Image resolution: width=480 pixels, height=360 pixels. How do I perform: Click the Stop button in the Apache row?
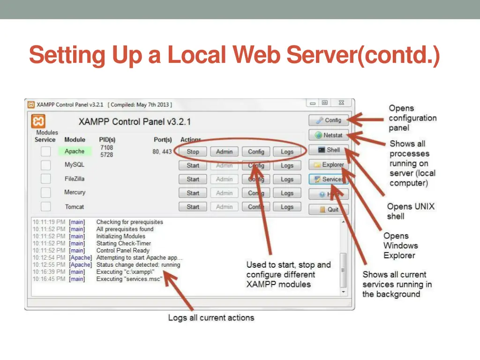click(x=193, y=152)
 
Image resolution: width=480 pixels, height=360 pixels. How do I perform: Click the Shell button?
click(x=329, y=150)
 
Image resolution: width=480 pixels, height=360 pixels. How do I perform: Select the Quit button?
click(x=329, y=210)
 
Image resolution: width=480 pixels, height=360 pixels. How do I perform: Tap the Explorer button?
click(x=329, y=165)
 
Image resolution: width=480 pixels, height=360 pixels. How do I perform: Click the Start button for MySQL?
click(x=193, y=165)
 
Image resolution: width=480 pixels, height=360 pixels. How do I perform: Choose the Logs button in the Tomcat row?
click(x=287, y=207)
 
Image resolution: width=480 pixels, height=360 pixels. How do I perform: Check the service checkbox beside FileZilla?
click(x=45, y=179)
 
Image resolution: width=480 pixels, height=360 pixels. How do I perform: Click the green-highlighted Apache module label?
click(x=75, y=151)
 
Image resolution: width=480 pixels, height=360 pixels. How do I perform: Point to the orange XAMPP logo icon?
click(x=38, y=122)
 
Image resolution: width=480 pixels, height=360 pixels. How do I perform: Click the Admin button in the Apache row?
click(x=224, y=152)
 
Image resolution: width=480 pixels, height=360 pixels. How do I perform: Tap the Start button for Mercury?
click(x=193, y=193)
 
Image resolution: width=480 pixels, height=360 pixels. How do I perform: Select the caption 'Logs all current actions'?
click(x=211, y=318)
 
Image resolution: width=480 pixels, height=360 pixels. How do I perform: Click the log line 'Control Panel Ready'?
click(x=123, y=250)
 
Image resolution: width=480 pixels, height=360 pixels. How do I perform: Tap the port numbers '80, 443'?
click(x=162, y=152)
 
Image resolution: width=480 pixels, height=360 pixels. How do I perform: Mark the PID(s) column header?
click(x=107, y=140)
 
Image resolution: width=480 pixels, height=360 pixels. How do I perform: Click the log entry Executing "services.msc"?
click(x=129, y=279)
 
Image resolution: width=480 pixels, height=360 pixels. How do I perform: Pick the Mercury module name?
click(x=75, y=192)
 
